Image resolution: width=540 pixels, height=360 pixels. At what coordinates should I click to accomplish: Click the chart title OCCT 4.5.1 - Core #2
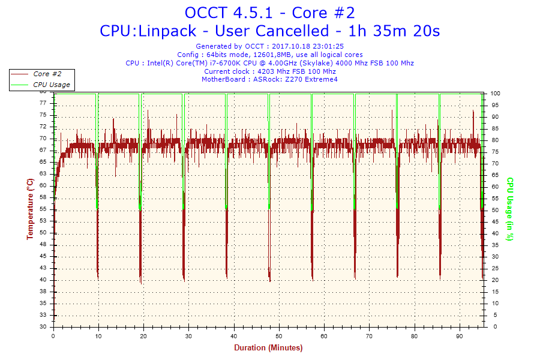pos(270,13)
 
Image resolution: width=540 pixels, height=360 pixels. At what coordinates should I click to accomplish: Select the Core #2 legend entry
pos(47,74)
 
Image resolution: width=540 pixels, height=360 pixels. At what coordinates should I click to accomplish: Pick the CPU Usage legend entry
pos(51,85)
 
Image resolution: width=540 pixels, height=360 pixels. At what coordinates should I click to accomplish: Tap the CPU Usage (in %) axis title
pos(509,209)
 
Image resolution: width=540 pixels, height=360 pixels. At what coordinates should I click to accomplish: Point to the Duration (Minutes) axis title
pos(268,347)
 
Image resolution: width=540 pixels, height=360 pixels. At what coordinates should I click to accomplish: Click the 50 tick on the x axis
pos(279,335)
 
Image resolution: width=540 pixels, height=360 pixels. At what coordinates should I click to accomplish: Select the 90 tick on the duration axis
pos(460,335)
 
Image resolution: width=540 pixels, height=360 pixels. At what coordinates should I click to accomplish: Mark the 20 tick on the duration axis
pos(143,335)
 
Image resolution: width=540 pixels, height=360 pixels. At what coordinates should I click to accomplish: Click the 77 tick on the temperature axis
pos(43,103)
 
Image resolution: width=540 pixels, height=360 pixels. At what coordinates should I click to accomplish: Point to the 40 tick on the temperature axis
pos(43,280)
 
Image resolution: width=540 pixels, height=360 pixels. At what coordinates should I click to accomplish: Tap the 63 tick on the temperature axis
pos(43,174)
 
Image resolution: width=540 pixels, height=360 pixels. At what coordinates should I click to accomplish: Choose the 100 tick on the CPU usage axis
pos(496,94)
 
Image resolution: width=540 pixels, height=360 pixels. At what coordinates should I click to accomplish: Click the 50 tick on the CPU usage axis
pos(496,211)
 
